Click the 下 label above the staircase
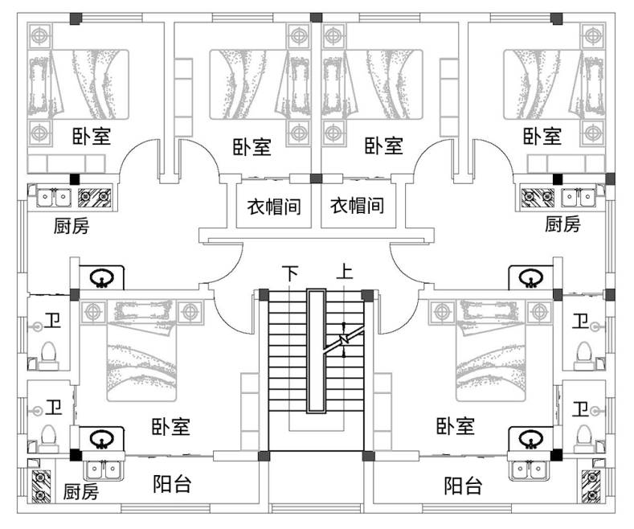click(x=289, y=273)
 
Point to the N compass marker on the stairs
click(x=343, y=341)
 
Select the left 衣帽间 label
click(x=273, y=207)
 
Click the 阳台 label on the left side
click(x=172, y=484)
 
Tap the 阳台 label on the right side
click(x=464, y=486)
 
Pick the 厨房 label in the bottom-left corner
click(x=80, y=491)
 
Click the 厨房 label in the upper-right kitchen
click(x=562, y=224)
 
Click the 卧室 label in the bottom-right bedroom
click(x=455, y=426)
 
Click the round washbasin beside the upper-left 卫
click(x=101, y=278)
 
